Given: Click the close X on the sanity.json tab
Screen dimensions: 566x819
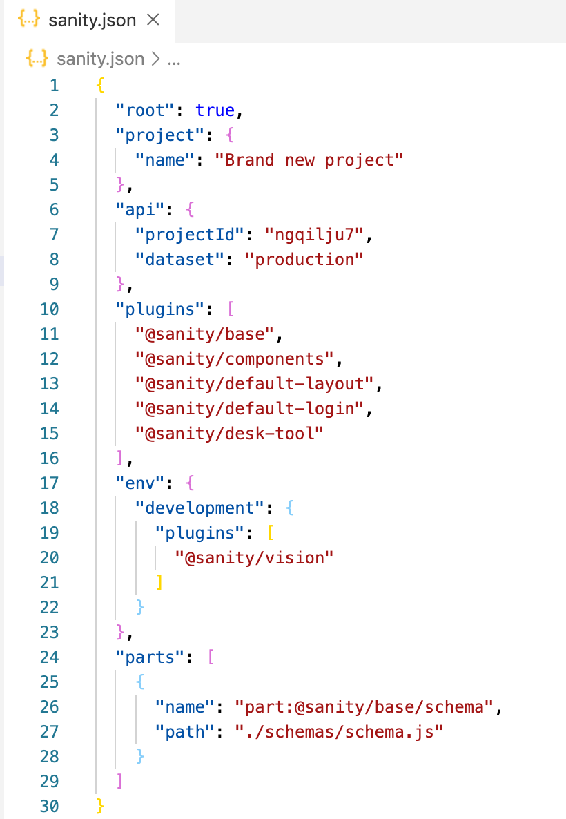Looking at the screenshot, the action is (153, 20).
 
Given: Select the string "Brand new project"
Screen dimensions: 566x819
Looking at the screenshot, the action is (309, 160).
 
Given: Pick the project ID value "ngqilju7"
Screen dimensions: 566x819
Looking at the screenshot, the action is (314, 235).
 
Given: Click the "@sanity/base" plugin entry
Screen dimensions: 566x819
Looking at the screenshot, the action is (205, 334).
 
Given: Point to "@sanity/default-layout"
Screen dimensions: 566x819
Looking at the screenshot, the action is (254, 384).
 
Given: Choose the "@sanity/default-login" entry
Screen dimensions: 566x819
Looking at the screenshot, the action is (249, 409).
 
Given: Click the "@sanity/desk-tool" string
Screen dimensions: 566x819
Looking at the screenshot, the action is (230, 434).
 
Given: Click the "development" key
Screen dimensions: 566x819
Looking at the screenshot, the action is (200, 508).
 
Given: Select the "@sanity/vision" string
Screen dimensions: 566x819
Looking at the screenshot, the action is (254, 558).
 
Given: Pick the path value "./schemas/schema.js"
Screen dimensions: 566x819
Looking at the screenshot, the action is (338, 732).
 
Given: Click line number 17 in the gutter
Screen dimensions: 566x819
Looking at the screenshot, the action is (50, 483).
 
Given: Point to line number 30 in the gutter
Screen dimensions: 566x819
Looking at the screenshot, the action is (50, 807).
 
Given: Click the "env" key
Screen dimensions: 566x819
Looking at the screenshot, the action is (141, 483).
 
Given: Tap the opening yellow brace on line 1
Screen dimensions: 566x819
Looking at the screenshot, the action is (101, 86).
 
